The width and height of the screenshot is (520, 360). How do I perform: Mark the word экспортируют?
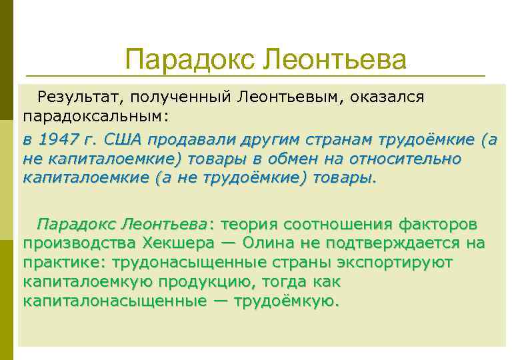[x=395, y=263]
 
